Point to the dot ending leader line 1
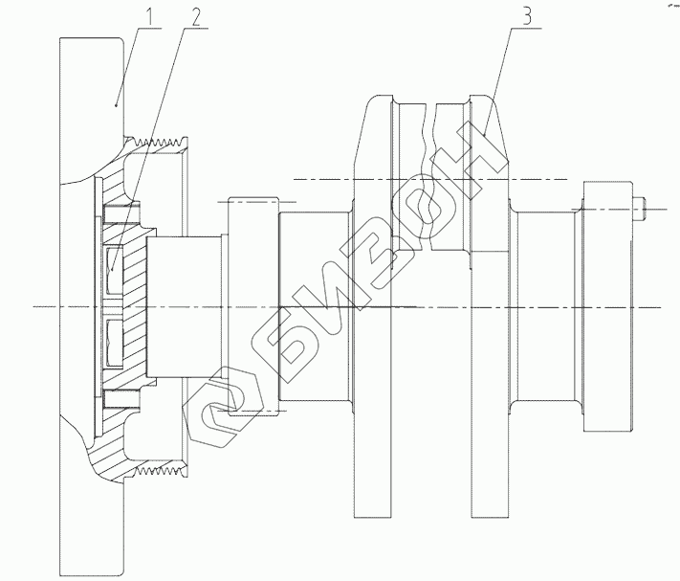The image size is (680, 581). coord(117,106)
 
